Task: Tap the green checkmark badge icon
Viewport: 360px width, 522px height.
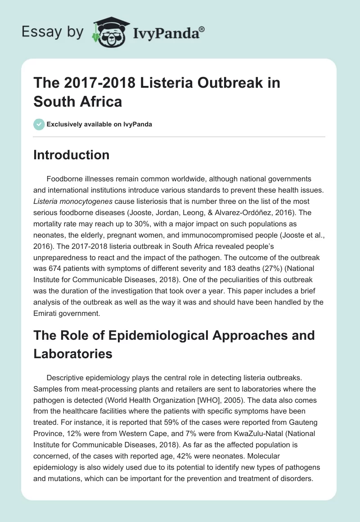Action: pos(39,124)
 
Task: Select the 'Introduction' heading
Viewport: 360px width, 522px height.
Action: pos(72,155)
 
